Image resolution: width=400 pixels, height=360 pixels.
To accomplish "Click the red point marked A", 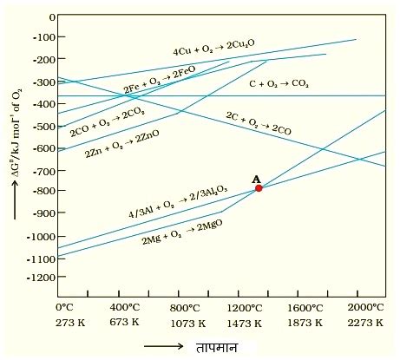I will pyautogui.click(x=259, y=187).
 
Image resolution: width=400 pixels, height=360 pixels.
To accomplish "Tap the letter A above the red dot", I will pyautogui.click(x=256, y=178).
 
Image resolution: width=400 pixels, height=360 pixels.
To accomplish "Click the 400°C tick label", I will pyautogui.click(x=125, y=308).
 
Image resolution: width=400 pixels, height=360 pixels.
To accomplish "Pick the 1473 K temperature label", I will pyautogui.click(x=258, y=323).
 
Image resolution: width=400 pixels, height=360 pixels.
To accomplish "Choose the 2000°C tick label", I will pyautogui.click(x=365, y=308).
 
